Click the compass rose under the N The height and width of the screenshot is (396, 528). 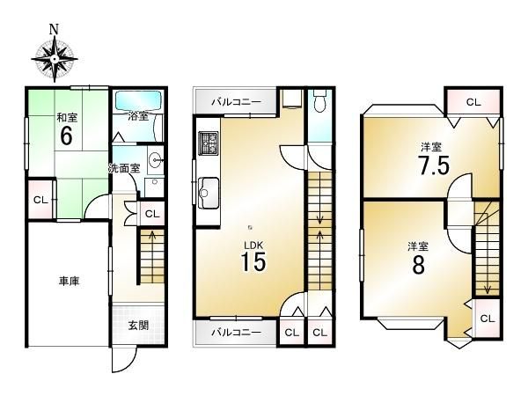(x=55, y=59)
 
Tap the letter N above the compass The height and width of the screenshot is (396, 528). (x=54, y=29)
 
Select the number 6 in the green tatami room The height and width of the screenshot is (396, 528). (x=66, y=136)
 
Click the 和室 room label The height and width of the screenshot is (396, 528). (x=67, y=118)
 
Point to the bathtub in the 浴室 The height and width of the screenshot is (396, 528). (x=138, y=101)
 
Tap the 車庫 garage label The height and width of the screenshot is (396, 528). (x=69, y=282)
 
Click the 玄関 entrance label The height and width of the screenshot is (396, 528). (x=138, y=326)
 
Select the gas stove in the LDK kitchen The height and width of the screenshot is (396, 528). (x=209, y=143)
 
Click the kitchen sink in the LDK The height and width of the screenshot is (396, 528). (x=209, y=193)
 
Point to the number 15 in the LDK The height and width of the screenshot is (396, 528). (x=253, y=261)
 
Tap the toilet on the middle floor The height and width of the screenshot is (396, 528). (x=320, y=100)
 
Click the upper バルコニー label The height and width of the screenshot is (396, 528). (x=236, y=102)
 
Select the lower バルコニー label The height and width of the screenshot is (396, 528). (x=236, y=333)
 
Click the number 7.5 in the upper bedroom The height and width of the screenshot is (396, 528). (x=434, y=165)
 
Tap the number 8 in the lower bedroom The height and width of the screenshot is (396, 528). (x=419, y=265)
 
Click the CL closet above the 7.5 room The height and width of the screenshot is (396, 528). (x=473, y=102)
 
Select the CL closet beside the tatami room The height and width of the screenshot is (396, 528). (x=40, y=200)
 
